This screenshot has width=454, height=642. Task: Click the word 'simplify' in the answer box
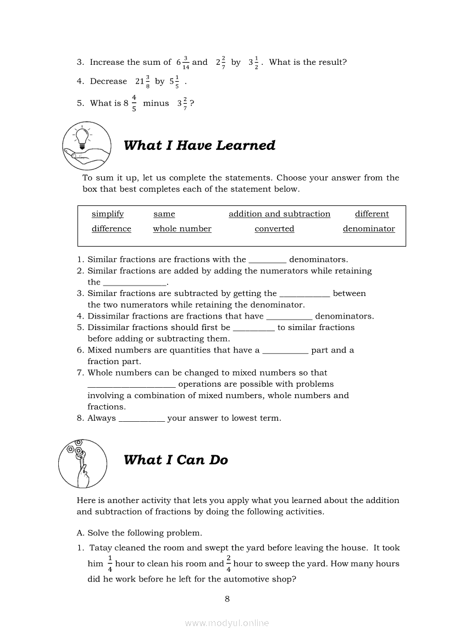click(x=108, y=214)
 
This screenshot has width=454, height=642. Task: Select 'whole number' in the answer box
click(x=182, y=229)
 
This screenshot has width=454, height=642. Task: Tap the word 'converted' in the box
click(x=274, y=229)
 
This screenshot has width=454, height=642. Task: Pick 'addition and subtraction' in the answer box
click(x=279, y=214)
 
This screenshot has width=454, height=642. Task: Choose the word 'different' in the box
click(x=372, y=214)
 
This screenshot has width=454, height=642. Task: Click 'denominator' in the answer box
click(x=369, y=229)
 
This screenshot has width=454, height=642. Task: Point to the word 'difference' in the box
click(x=112, y=229)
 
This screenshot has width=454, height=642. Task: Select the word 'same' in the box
click(x=164, y=214)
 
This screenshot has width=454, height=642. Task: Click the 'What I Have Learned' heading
click(x=200, y=146)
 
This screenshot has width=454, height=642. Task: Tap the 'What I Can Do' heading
click(x=176, y=460)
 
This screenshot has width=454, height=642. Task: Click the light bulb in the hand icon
click(x=82, y=137)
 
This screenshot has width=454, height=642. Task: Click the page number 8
click(x=227, y=599)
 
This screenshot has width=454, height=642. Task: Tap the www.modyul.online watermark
click(x=227, y=623)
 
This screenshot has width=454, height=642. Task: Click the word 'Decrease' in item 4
click(x=108, y=81)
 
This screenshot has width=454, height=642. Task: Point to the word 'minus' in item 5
click(x=156, y=103)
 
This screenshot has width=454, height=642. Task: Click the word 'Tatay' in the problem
click(x=101, y=548)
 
